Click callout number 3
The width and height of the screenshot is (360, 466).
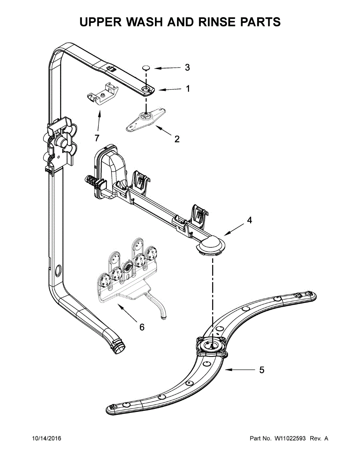coord(187,68)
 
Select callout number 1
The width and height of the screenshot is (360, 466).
coord(188,89)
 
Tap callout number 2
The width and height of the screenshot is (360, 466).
coord(177,139)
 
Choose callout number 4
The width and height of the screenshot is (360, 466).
coord(249,220)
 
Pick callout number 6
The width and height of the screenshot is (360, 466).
coord(142,327)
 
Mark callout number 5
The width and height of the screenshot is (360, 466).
coord(262,370)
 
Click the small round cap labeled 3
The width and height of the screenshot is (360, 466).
coord(146,68)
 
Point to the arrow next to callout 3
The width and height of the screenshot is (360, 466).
coord(167,68)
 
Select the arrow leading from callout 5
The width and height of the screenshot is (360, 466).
coord(239,370)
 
